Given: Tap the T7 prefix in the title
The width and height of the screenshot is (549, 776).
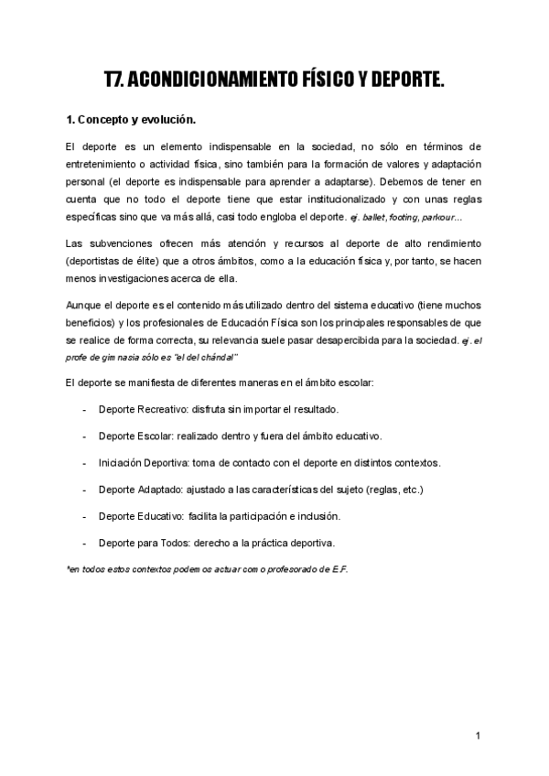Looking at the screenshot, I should pos(115,81).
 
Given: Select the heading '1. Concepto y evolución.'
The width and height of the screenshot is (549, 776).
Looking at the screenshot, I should pos(131,120).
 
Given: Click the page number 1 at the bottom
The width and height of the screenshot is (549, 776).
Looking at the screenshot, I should pos(478,735).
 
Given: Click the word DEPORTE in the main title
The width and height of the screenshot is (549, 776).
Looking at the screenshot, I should pos(405,81).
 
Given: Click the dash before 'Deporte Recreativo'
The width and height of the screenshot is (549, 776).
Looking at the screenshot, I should pos(84,409).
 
